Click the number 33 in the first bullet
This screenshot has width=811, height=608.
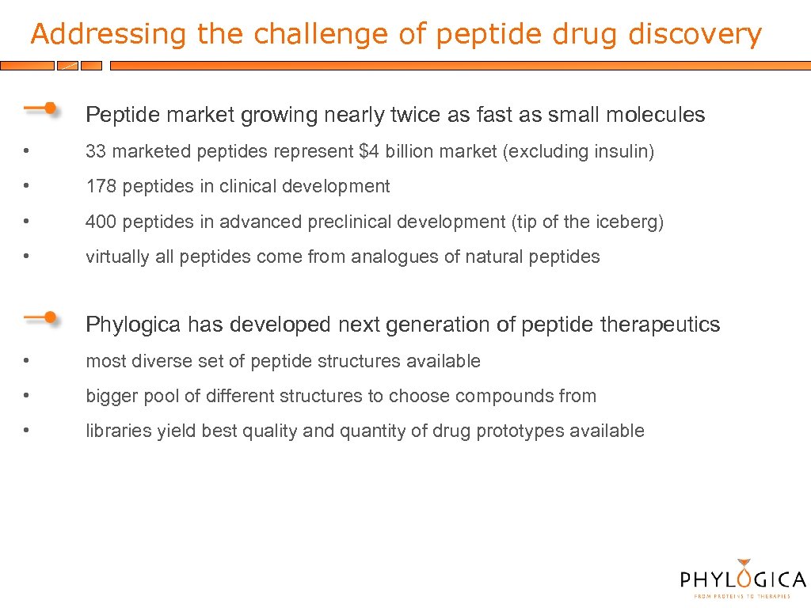(96, 151)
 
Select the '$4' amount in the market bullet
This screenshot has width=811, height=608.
(369, 151)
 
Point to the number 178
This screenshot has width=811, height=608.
(101, 187)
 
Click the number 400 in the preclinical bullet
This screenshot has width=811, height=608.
(101, 222)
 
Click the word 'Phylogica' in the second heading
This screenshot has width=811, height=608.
(133, 325)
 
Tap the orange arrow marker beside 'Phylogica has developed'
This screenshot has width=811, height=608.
(39, 318)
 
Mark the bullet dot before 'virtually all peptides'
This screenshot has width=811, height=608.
(27, 256)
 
